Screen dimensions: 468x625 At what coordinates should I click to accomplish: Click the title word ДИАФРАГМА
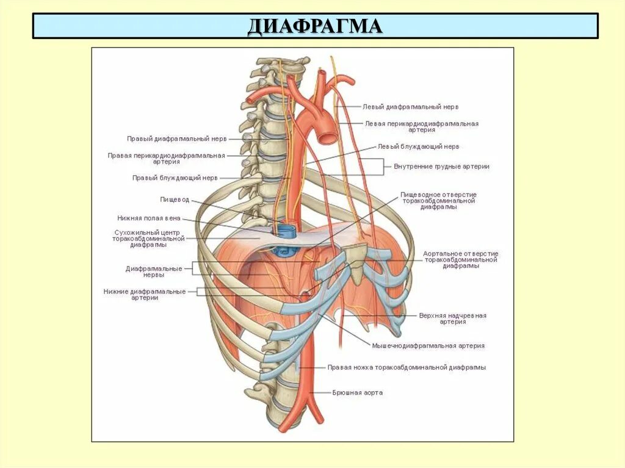pyautogui.click(x=315, y=26)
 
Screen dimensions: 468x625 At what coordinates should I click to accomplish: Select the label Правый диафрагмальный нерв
pyautogui.click(x=177, y=139)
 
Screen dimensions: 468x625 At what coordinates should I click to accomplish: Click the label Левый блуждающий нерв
pyautogui.click(x=418, y=147)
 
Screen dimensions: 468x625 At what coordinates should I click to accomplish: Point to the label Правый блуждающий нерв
pyautogui.click(x=175, y=178)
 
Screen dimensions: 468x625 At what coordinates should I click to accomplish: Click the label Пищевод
pyautogui.click(x=175, y=200)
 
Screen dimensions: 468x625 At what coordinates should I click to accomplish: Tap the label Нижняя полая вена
pyautogui.click(x=149, y=218)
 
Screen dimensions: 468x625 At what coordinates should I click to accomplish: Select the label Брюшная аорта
pyautogui.click(x=358, y=393)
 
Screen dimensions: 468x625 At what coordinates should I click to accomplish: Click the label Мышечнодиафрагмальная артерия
pyautogui.click(x=428, y=346)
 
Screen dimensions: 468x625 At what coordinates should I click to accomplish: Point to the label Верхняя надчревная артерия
pyautogui.click(x=452, y=319)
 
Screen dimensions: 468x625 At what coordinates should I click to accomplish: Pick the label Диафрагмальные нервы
pyautogui.click(x=154, y=272)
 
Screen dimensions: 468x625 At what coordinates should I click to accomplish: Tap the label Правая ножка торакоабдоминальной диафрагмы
pyautogui.click(x=406, y=368)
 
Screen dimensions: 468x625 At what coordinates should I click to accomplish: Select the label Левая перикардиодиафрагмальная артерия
pyautogui.click(x=422, y=126)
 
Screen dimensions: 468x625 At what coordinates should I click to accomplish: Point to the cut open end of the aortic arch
pyautogui.click(x=327, y=134)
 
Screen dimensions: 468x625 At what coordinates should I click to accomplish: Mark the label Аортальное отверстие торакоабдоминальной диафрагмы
pyautogui.click(x=461, y=260)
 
